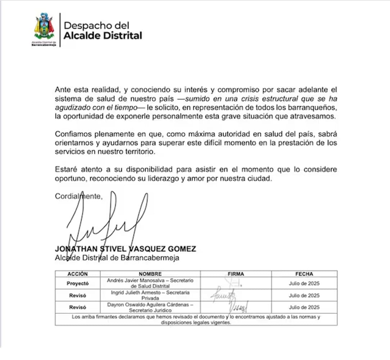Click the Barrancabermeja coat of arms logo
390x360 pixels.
[44, 27]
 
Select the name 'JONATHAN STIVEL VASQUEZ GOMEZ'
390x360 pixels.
[126, 249]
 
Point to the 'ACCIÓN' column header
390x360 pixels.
[77, 274]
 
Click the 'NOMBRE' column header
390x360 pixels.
[150, 274]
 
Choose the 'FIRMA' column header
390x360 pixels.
[236, 274]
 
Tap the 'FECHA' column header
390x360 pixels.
[304, 274]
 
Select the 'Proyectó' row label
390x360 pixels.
[77, 283]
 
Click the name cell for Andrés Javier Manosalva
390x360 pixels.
[150, 283]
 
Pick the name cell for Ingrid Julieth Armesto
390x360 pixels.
[150, 295]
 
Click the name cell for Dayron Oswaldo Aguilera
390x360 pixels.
[150, 307]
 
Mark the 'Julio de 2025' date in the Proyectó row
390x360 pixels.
[304, 283]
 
